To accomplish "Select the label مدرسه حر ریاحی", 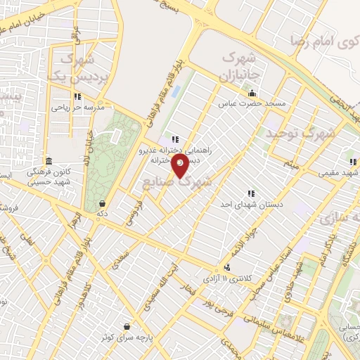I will point(77,108).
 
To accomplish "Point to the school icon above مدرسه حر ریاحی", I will point(77,97).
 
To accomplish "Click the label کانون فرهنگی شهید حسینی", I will point(48,176).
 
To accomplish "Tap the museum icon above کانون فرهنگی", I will point(48,160).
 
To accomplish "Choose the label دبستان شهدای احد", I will point(250,204).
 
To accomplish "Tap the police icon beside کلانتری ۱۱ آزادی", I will point(226,268).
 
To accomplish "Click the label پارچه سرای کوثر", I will point(126,337).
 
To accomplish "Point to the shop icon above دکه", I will point(103,203).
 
